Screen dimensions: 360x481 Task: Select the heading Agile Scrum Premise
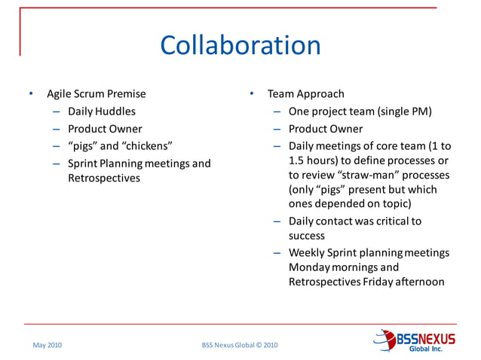pos(97,94)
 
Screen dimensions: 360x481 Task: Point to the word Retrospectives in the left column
pos(103,178)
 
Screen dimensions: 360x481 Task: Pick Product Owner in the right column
pos(325,129)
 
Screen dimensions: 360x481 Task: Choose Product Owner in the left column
pos(105,129)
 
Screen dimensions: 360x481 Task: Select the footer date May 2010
pos(47,345)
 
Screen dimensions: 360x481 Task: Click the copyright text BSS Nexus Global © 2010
pos(240,345)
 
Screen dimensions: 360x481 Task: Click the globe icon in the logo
pos(385,339)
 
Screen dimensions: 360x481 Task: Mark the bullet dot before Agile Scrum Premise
pos(31,94)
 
